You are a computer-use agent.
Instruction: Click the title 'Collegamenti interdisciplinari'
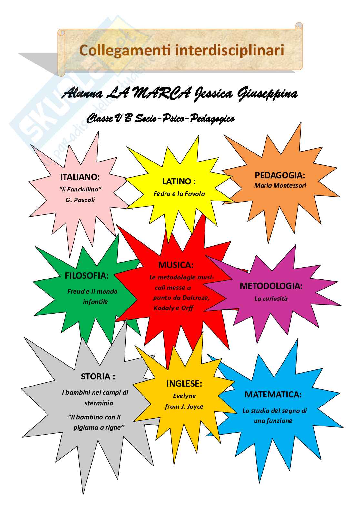pos(182,51)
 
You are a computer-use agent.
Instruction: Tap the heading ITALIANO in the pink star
pos(80,177)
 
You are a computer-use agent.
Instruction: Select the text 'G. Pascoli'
pos(80,200)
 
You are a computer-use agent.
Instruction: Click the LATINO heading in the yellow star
pos(179,181)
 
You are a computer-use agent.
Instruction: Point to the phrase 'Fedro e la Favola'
pos(179,194)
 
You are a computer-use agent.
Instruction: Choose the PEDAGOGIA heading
pos(280,175)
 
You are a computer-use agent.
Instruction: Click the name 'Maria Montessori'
pos(280,185)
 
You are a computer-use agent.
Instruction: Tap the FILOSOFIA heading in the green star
pos(87,276)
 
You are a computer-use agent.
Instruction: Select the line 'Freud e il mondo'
pos(92,291)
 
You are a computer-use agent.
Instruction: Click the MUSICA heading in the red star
pos(175,265)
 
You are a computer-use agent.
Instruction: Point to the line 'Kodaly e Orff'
pos(173,308)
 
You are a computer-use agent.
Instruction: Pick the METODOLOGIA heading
pos(271,286)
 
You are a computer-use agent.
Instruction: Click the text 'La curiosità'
pos(271,299)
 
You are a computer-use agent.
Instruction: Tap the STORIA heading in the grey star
pos(98,377)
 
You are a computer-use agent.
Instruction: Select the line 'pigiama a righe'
pos(99,427)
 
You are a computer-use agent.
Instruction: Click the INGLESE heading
pos(184,384)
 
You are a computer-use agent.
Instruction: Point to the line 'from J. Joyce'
pos(184,406)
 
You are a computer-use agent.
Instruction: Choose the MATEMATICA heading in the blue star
pos(273,395)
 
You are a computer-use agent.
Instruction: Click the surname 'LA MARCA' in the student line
pos(148,94)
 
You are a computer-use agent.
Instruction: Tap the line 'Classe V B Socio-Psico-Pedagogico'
pos(160,119)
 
